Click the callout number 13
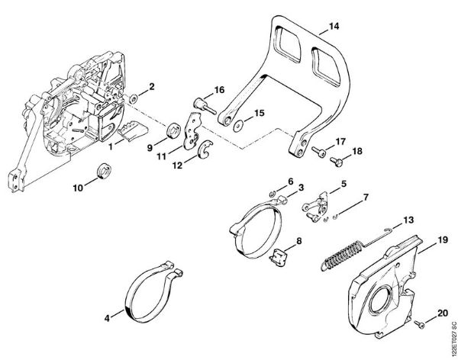click(x=409, y=220)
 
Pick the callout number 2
click(x=151, y=86)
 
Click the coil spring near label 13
click(x=342, y=251)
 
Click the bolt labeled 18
click(x=336, y=160)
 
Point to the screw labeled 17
click(x=316, y=149)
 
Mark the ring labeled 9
click(x=173, y=127)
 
